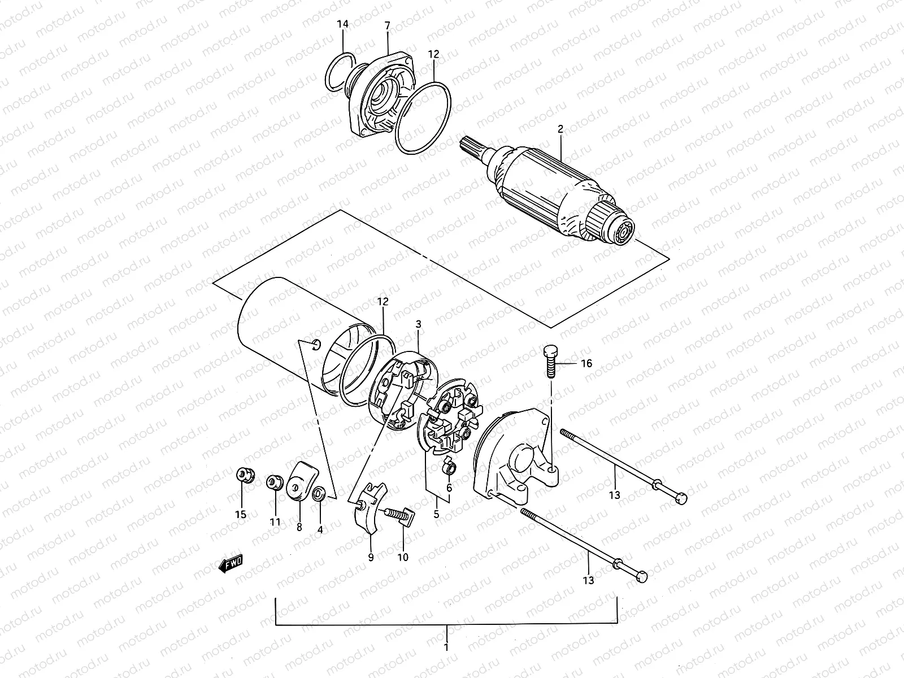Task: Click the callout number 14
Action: click(x=343, y=24)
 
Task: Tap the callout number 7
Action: click(x=388, y=25)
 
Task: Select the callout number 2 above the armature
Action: click(x=560, y=129)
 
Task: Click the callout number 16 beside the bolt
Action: click(x=586, y=363)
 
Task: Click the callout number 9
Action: click(x=371, y=557)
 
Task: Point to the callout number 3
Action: click(x=418, y=324)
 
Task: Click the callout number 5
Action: click(x=436, y=515)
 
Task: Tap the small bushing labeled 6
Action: click(x=449, y=468)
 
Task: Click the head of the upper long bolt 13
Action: click(x=682, y=498)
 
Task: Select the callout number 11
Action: click(x=275, y=522)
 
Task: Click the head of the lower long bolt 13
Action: click(x=642, y=577)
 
